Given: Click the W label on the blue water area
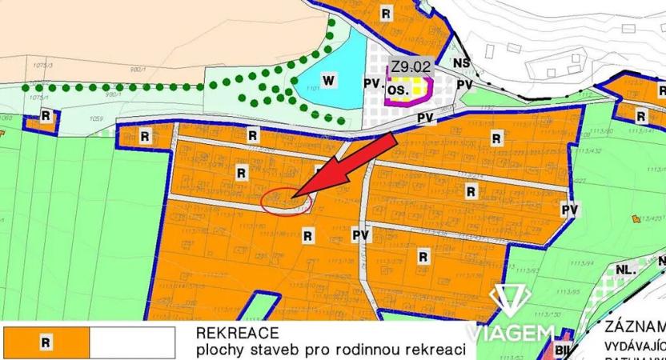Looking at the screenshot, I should [x=327, y=78].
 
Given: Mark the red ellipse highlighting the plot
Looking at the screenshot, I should [x=286, y=200].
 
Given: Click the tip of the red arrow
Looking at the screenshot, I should [x=294, y=195].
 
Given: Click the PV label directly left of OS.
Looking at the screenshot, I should [x=371, y=82].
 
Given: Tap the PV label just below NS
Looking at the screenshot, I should [x=463, y=85].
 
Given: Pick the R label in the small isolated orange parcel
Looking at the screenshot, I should [x=46, y=116].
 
